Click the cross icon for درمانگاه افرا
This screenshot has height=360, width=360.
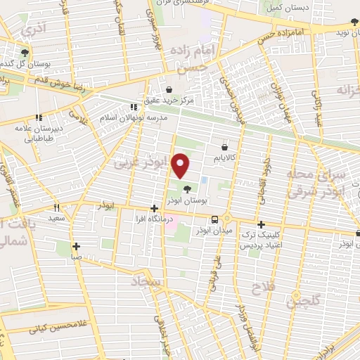(x=154, y=208)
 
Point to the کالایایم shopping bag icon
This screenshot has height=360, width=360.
(x=224, y=148)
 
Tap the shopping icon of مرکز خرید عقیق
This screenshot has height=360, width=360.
(x=170, y=89)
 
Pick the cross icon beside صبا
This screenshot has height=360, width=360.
(x=77, y=246)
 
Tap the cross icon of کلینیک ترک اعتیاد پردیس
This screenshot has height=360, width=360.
(x=261, y=224)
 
